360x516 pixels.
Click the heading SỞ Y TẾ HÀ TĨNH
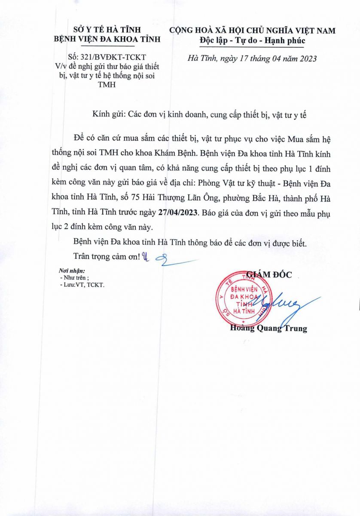coord(106,30)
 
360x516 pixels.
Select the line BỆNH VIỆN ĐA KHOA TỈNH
coord(106,39)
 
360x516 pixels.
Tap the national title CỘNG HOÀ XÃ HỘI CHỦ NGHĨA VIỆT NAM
coord(252,30)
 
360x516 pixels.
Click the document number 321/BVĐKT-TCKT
coord(113,57)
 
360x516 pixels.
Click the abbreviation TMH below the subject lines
coord(107,85)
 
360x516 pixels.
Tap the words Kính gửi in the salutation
coord(108,115)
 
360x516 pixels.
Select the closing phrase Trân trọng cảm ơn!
coord(107,257)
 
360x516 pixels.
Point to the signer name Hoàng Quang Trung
coord(268,329)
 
